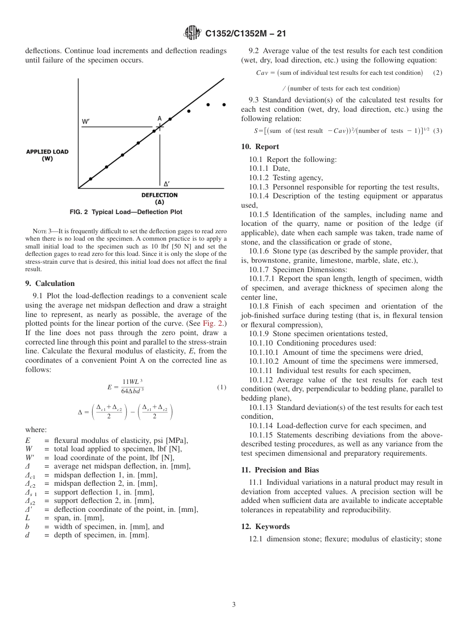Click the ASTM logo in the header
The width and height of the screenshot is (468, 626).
[x=192, y=33]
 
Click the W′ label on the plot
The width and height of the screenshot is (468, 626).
[x=86, y=121]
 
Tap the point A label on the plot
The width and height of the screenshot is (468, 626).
[x=160, y=118]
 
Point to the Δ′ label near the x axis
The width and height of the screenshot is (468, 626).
[x=167, y=183]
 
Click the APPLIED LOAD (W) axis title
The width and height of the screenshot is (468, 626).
[x=47, y=155]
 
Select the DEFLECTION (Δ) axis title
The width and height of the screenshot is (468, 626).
[x=159, y=198]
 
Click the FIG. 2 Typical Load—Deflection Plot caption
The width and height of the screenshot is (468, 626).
[x=126, y=212]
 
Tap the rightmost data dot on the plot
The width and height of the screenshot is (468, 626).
[x=224, y=104]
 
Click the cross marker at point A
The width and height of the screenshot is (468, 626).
[x=159, y=127]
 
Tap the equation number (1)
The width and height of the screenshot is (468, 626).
[x=221, y=387]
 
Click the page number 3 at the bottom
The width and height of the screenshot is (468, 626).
[x=234, y=604]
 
